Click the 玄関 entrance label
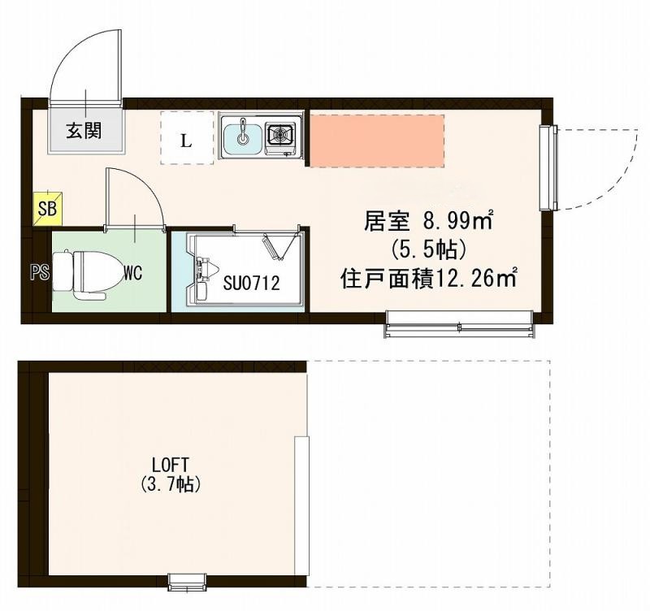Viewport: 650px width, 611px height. pyautogui.click(x=84, y=131)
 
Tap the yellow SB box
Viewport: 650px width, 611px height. pyautogui.click(x=46, y=209)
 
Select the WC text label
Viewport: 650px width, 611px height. pyautogui.click(x=132, y=273)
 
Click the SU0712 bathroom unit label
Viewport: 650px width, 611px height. pyautogui.click(x=251, y=284)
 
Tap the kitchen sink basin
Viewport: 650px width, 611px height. pyautogui.click(x=242, y=135)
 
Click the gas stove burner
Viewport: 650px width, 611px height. pyautogui.click(x=282, y=134)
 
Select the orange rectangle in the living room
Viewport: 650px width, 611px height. pyautogui.click(x=377, y=141)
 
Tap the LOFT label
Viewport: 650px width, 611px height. pyautogui.click(x=170, y=465)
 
